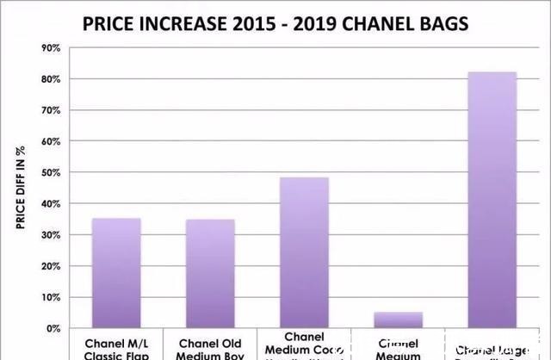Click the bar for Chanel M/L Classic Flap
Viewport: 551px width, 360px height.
click(116, 273)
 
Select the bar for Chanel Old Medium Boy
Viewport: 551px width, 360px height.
click(210, 274)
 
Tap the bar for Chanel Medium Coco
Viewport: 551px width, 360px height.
click(304, 253)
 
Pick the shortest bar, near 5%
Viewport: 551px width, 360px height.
click(399, 320)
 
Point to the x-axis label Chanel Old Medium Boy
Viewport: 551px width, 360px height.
click(210, 349)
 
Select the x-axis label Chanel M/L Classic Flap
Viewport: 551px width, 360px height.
click(116, 349)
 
